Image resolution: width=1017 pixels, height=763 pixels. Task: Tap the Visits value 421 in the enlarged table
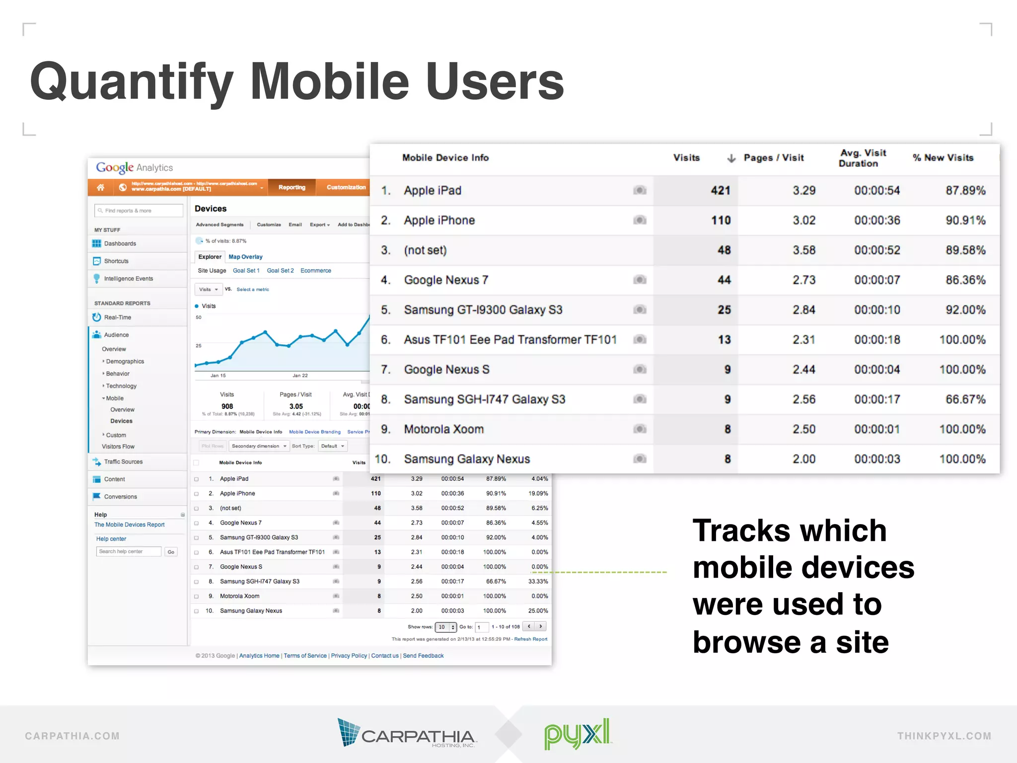720,191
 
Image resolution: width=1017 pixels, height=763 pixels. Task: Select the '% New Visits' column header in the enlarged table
943,158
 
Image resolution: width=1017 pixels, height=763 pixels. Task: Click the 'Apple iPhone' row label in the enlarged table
439,221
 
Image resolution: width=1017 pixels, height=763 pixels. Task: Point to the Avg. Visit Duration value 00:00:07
877,280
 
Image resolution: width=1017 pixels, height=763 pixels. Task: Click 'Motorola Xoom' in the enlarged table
443,429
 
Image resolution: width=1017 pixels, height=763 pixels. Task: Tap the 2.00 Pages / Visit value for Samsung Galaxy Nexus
803,459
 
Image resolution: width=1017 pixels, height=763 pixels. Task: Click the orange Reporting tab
291,187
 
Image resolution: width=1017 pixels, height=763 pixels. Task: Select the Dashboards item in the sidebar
120,243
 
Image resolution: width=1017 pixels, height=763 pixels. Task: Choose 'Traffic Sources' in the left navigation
123,461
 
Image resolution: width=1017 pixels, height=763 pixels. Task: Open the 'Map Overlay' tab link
245,257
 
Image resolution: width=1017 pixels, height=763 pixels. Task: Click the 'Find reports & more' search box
138,211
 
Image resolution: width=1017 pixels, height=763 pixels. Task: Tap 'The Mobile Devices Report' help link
129,525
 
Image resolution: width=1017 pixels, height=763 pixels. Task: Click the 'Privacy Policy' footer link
349,656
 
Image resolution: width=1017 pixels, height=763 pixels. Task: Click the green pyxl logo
577,733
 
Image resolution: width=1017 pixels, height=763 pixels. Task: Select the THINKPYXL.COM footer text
944,736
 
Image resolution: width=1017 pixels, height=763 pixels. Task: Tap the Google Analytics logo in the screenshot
135,167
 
